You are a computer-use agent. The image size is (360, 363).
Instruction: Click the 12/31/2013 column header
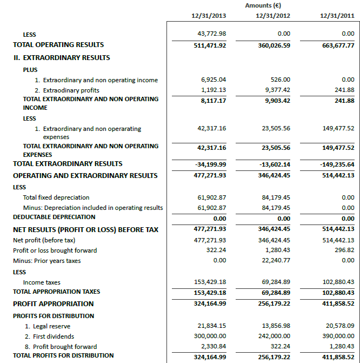[x=209, y=16]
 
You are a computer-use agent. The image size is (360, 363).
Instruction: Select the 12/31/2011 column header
[x=337, y=16]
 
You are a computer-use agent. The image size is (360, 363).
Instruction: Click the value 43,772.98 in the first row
[x=212, y=34]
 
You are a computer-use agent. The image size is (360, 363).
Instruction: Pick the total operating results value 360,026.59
[x=273, y=45]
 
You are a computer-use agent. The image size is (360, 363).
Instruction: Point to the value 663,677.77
[x=336, y=45]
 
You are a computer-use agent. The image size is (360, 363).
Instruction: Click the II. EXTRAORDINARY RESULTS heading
[x=62, y=57]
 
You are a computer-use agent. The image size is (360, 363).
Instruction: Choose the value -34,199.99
[x=210, y=164]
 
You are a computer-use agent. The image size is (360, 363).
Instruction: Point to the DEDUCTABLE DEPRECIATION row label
[x=54, y=217]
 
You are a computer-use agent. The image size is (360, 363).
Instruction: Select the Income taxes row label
[x=42, y=282]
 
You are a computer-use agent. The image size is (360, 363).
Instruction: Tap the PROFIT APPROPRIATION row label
[x=54, y=303]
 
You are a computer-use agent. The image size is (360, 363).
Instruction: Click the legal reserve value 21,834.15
[x=212, y=326]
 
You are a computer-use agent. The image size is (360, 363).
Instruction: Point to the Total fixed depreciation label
[x=56, y=197]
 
